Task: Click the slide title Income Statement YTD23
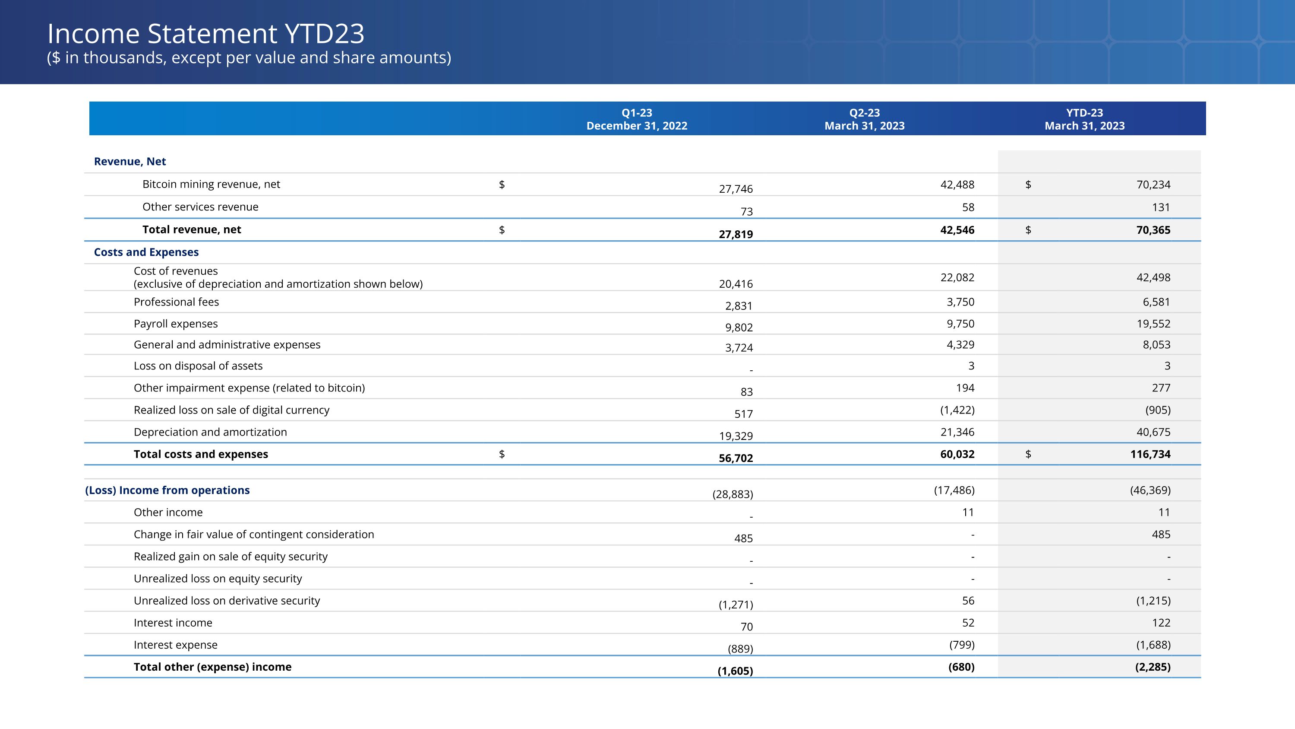[x=205, y=34]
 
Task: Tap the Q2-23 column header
[x=864, y=119]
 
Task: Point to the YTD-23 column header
[x=1084, y=119]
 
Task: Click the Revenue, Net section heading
[x=129, y=162]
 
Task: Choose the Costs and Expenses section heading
[x=146, y=252]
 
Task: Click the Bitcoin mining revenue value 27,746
[x=736, y=189]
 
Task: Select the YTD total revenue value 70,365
[x=1153, y=230]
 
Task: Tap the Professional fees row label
[x=177, y=302]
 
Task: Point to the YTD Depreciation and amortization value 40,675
[x=1153, y=432]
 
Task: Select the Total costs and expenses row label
[x=201, y=454]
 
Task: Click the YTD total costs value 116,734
[x=1150, y=454]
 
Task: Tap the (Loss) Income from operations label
[x=167, y=490]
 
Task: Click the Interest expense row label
[x=175, y=645]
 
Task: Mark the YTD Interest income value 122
[x=1161, y=623]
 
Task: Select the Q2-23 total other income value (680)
[x=961, y=667]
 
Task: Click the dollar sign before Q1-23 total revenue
[x=502, y=230]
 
